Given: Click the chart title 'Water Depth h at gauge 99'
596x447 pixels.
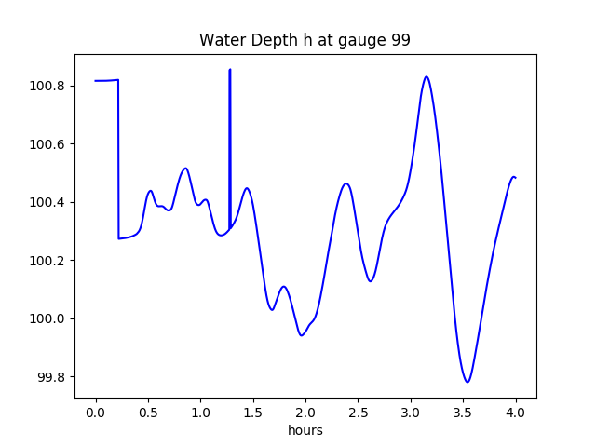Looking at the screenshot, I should tap(305, 41).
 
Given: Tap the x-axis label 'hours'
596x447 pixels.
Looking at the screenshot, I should tap(305, 430).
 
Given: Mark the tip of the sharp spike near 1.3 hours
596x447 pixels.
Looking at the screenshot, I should tap(230, 70).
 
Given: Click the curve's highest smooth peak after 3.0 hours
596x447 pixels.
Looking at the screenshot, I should tap(427, 76).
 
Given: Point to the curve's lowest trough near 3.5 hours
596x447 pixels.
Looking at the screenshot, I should tap(467, 382).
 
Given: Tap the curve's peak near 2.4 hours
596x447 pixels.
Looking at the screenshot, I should tap(346, 183).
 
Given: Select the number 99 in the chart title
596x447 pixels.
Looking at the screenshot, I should tap(400, 41).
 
